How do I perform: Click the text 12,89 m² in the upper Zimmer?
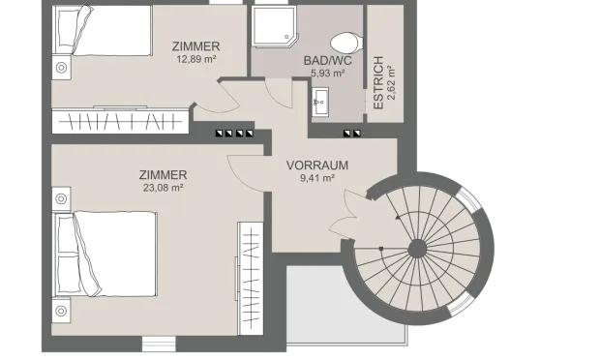click(195, 59)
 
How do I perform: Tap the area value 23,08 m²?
click(162, 188)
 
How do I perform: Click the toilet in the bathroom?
click(343, 43)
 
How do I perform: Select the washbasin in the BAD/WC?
click(321, 99)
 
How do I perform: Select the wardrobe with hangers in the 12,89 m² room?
click(121, 123)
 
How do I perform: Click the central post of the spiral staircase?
click(418, 249)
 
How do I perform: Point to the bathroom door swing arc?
click(280, 91)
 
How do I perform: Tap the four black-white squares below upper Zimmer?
click(233, 134)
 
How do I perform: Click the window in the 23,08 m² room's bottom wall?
click(158, 343)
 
